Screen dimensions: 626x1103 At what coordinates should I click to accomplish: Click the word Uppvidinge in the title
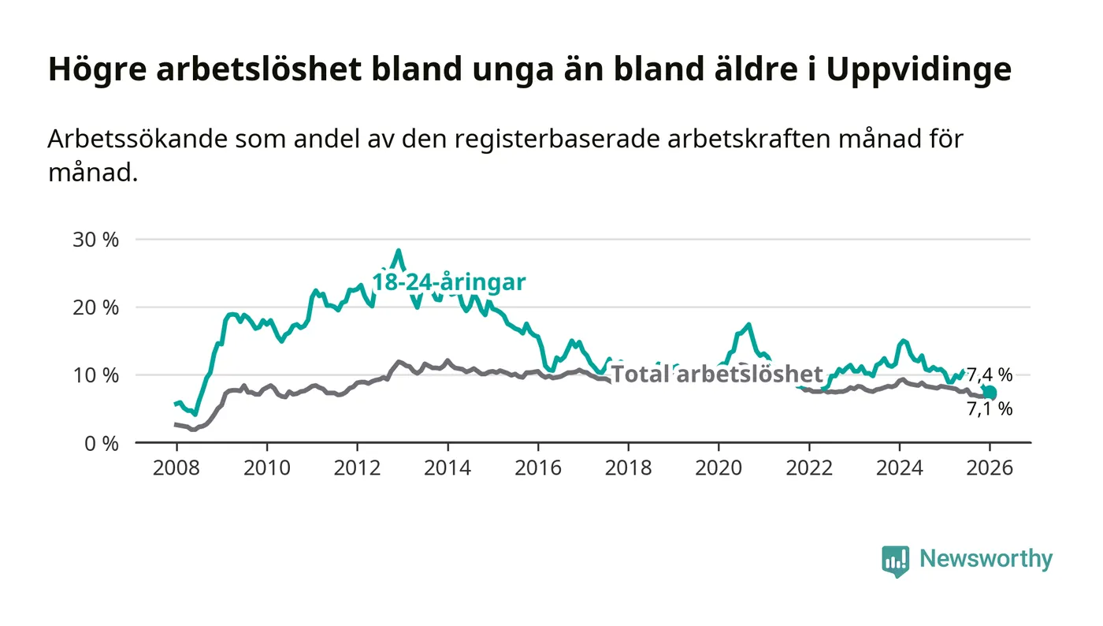[x=919, y=70]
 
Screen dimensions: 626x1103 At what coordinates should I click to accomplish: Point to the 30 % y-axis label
[x=95, y=240]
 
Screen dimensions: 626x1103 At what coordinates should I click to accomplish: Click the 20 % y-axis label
[x=95, y=307]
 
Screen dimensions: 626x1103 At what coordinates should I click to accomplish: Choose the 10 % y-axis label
[x=95, y=375]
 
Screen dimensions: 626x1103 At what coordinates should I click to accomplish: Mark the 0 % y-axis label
[x=100, y=443]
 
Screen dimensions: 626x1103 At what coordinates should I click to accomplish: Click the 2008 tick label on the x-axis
[x=176, y=468]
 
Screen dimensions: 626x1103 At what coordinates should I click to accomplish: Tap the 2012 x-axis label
[x=357, y=468]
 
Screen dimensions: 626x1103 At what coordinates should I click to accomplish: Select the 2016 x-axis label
[x=538, y=468]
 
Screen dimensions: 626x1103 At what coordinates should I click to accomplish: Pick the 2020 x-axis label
[x=719, y=468]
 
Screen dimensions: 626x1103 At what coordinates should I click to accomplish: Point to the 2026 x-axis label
[x=990, y=468]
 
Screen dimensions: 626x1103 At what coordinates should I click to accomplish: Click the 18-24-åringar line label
[x=448, y=282]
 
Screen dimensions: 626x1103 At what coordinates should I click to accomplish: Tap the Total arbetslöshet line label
[x=717, y=374]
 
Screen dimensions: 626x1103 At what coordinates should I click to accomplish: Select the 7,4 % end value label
[x=990, y=374]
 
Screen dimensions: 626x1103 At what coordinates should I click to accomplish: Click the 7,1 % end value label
[x=990, y=409]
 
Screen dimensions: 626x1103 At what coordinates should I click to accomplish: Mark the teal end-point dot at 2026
[x=990, y=393]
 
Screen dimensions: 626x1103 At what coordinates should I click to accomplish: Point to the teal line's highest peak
[x=399, y=251]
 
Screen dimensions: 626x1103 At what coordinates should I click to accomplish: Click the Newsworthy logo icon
[x=895, y=561]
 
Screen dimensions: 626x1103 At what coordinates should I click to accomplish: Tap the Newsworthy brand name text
[x=986, y=559]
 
